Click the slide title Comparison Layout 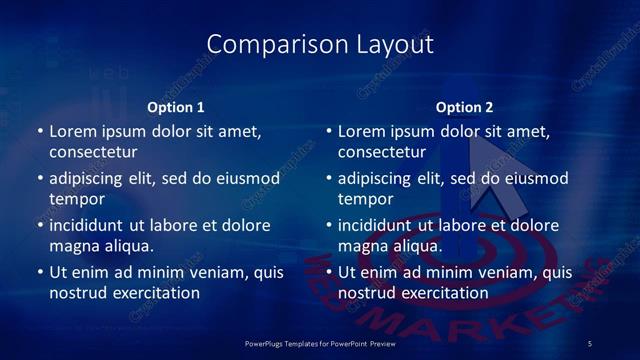(320, 44)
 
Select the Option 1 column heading (176, 107)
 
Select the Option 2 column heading (465, 107)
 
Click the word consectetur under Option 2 (382, 153)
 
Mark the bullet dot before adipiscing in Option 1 (39, 179)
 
